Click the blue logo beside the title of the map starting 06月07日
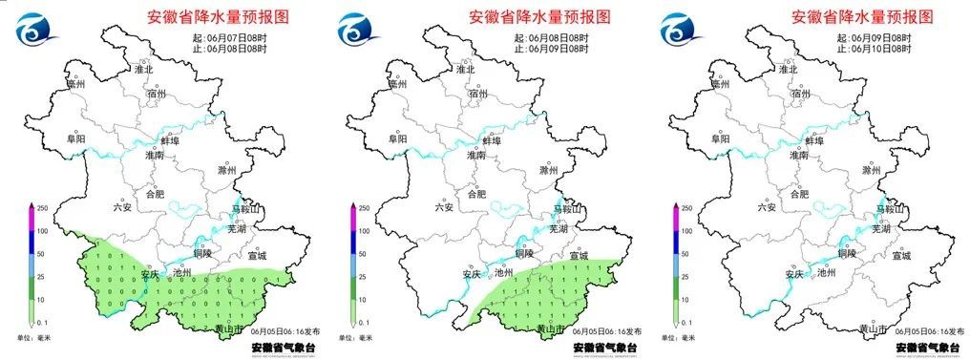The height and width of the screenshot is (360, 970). [35, 30]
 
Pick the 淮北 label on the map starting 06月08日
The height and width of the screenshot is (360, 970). [466, 70]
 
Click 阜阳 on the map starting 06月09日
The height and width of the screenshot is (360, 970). [719, 139]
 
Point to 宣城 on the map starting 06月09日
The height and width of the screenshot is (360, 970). [901, 255]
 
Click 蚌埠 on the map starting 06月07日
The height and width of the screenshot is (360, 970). [172, 140]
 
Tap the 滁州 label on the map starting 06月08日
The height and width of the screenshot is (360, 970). [549, 171]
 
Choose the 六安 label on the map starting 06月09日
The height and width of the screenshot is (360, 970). [765, 206]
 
